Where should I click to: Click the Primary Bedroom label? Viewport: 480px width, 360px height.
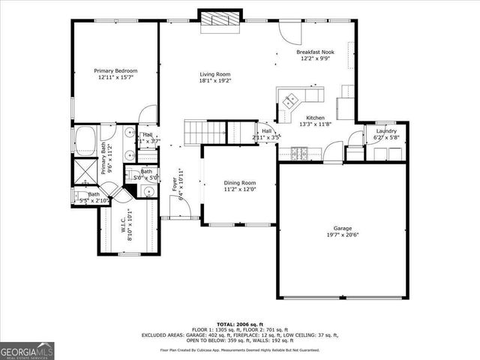point(115,70)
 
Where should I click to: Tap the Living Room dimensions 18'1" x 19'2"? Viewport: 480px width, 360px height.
point(214,82)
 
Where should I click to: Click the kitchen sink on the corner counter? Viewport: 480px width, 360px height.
point(290,98)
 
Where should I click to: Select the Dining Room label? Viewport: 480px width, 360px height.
point(240,183)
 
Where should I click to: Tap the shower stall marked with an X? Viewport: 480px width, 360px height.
point(82,168)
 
